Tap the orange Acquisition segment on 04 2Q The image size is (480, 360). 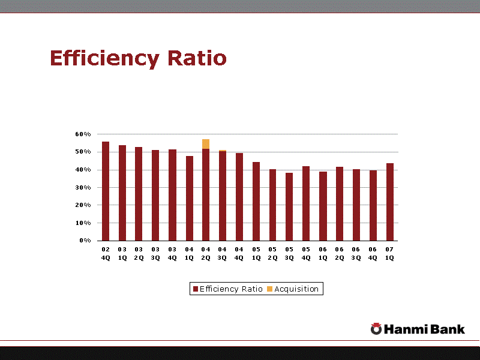[206, 144]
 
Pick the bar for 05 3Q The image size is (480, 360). [289, 206]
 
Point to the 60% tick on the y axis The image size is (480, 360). [83, 134]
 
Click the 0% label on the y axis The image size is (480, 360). [85, 241]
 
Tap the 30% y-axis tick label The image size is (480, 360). [83, 187]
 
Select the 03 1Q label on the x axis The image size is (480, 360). [122, 253]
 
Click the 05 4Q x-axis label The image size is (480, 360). [306, 253]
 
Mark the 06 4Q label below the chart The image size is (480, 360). [373, 253]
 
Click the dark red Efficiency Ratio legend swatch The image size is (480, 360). [195, 289]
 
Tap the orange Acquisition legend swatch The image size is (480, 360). [270, 289]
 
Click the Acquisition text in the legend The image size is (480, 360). [296, 289]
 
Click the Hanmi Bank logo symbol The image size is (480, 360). [376, 329]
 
